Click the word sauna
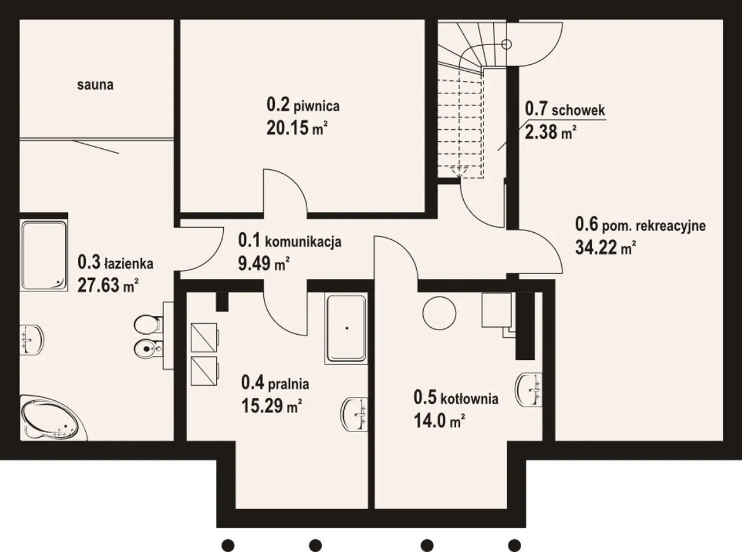click(95, 85)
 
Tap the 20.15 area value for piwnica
click(297, 128)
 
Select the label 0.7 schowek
click(565, 109)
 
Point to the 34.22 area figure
click(606, 248)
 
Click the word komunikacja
click(303, 242)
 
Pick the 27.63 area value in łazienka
click(108, 285)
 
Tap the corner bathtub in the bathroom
click(54, 418)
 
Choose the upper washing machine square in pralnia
click(205, 337)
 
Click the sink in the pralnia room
click(354, 415)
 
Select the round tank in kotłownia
click(439, 313)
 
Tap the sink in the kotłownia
click(529, 390)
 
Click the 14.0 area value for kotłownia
click(439, 421)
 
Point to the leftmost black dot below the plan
click(228, 545)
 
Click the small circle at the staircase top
click(507, 44)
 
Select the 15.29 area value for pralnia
click(272, 406)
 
